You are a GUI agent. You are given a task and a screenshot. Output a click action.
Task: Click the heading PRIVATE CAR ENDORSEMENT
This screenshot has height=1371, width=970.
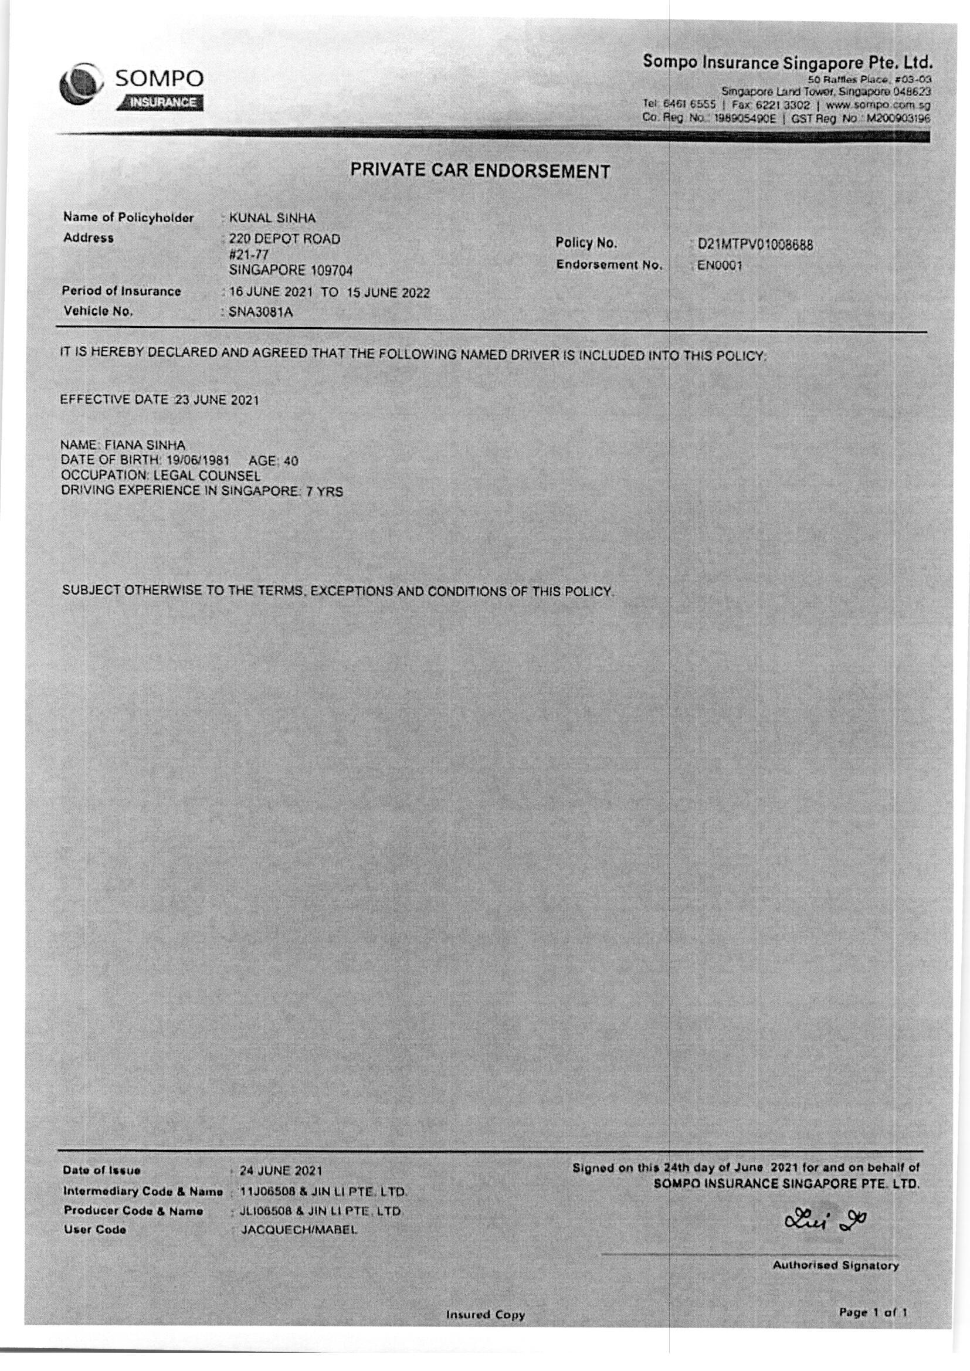coord(480,171)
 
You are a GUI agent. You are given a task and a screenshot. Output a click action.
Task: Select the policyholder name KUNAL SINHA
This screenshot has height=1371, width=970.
coord(272,218)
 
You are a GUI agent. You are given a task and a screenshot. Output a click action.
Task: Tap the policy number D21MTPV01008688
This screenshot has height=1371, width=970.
coord(755,245)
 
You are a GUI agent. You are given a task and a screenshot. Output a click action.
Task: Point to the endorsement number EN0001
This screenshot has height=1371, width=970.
coord(719,266)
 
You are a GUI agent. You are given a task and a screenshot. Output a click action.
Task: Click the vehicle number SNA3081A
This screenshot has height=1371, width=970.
coord(261,313)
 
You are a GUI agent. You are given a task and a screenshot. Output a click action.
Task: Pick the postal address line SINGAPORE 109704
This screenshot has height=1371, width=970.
coord(291,270)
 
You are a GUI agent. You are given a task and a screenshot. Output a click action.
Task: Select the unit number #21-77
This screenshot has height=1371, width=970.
coord(249,255)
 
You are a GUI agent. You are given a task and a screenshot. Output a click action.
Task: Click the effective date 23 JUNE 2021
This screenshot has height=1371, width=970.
coord(217,400)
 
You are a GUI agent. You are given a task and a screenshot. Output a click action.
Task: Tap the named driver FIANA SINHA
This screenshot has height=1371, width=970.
coord(145,445)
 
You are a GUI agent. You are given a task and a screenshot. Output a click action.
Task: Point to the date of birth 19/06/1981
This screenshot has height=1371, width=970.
coord(198,460)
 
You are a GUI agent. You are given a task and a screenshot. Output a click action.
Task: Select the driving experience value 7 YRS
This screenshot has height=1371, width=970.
coord(325,492)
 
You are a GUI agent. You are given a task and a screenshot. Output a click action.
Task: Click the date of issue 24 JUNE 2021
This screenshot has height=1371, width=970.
coord(281,1170)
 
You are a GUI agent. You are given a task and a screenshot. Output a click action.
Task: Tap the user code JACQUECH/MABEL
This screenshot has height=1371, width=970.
coord(299,1230)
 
